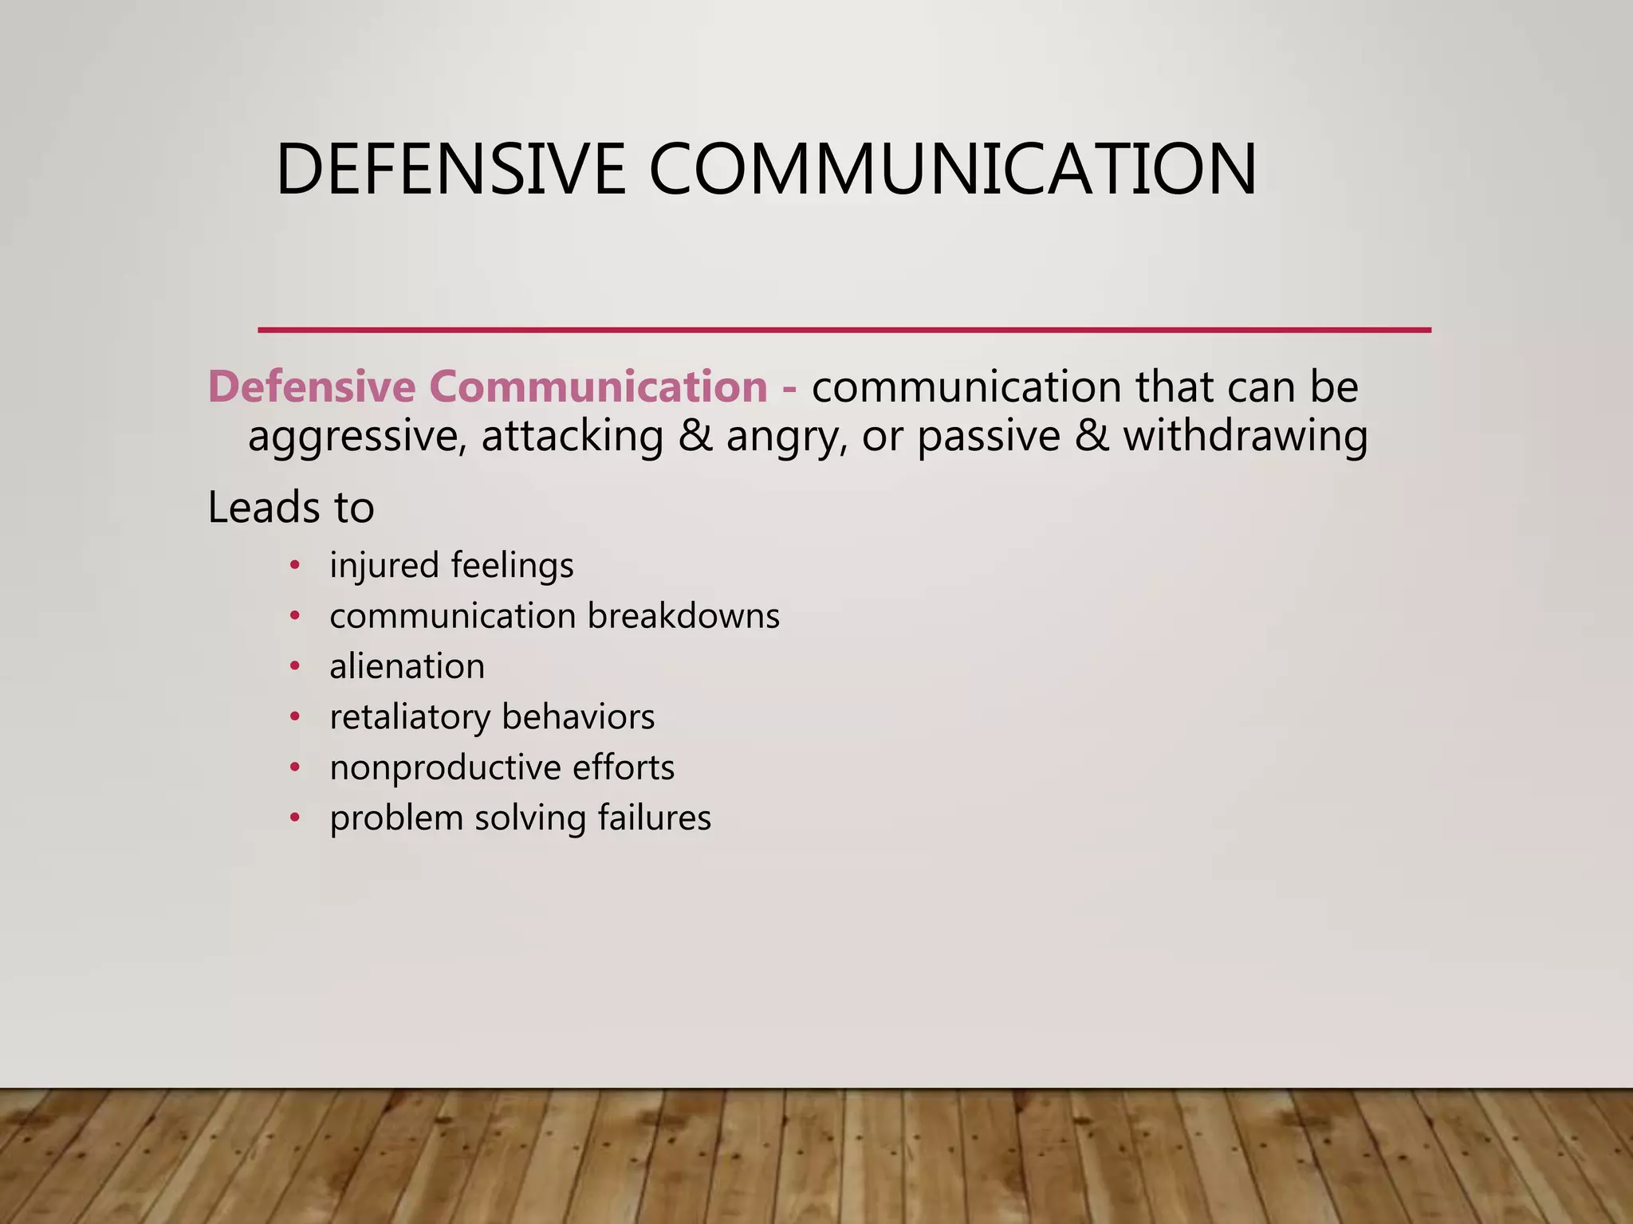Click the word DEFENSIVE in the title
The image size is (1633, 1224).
tap(451, 169)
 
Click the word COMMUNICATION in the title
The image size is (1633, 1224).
tap(953, 169)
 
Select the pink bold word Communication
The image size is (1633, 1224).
tap(598, 386)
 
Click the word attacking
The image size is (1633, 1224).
tap(572, 437)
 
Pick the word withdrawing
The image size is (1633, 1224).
tap(1245, 437)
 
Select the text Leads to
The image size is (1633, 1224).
tap(291, 508)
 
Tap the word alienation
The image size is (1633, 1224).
tap(407, 666)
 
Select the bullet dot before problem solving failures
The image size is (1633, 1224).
tap(295, 818)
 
